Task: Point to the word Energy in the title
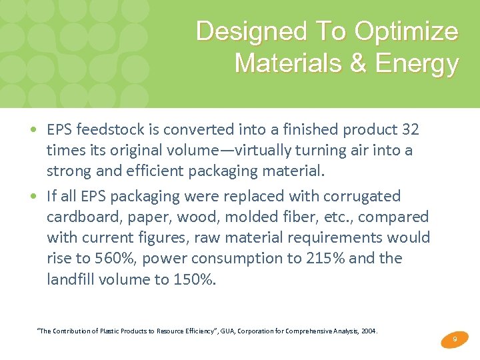[x=417, y=63]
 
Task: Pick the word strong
[x=69, y=171]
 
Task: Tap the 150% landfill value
[x=195, y=279]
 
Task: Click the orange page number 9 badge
[x=454, y=340]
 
